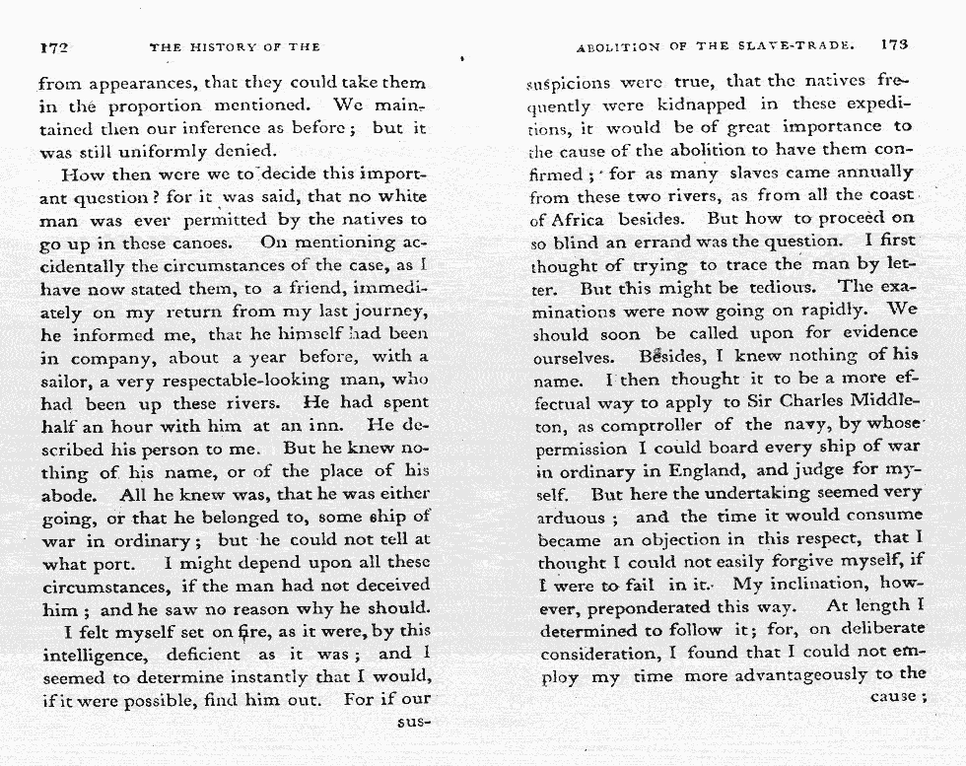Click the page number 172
click(53, 46)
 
